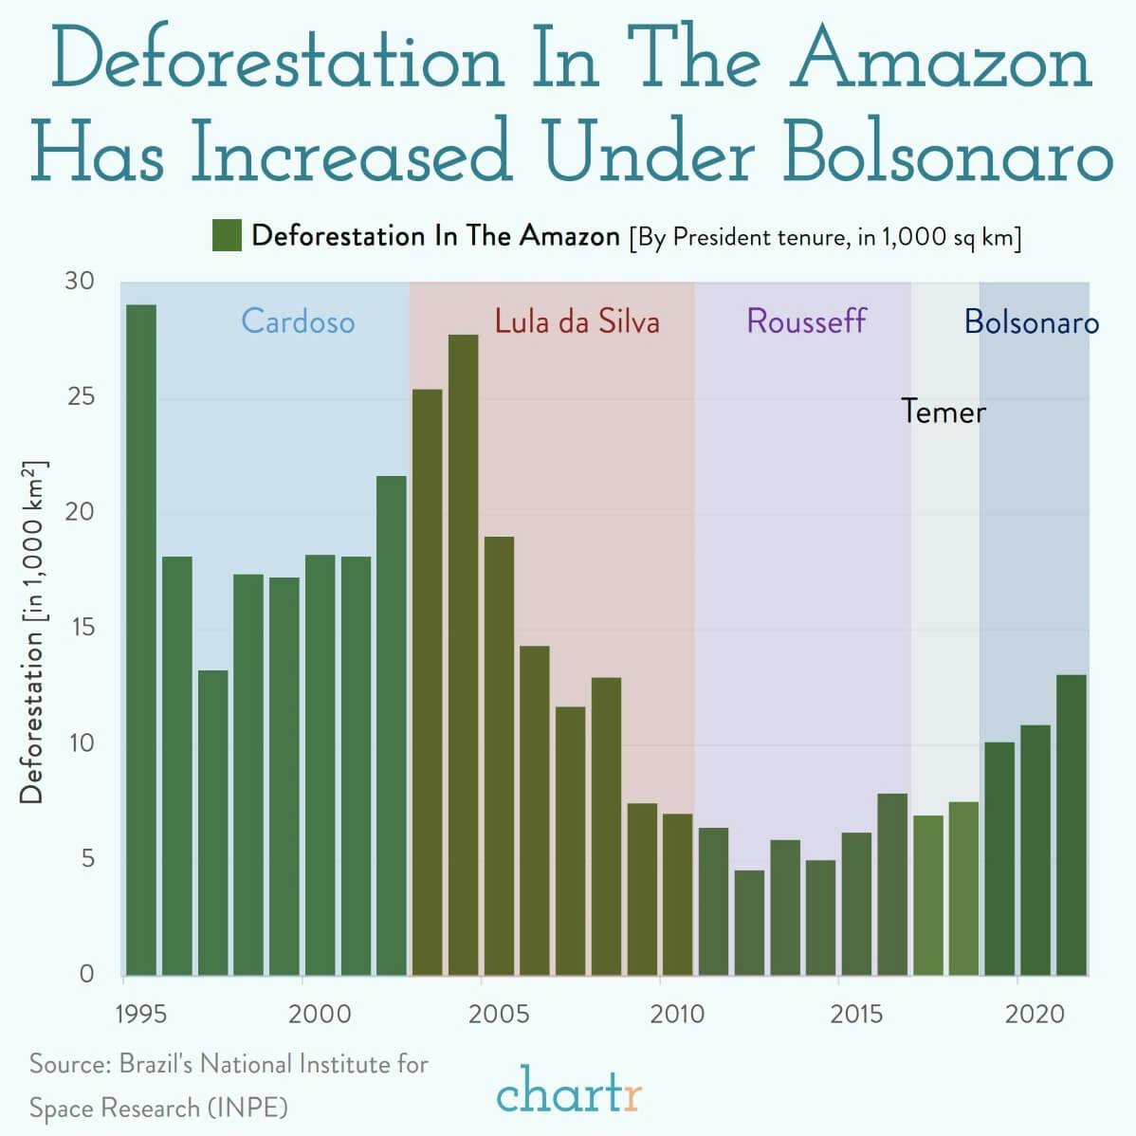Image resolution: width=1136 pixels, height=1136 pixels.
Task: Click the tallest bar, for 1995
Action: (141, 640)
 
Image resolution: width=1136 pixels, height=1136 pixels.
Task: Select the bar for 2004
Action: (464, 654)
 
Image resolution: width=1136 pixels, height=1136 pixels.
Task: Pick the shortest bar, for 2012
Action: (749, 923)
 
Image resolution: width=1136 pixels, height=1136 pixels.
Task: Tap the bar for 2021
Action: (1072, 825)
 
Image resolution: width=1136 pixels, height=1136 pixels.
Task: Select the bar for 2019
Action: (999, 858)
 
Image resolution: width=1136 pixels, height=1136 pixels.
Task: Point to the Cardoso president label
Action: (298, 321)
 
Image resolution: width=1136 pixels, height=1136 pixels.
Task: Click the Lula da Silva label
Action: (577, 321)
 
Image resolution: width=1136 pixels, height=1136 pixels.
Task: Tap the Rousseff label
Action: (806, 321)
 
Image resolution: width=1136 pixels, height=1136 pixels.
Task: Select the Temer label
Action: (944, 412)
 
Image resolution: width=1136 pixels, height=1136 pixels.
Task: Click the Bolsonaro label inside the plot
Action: (1032, 322)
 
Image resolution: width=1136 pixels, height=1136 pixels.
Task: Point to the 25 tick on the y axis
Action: (81, 396)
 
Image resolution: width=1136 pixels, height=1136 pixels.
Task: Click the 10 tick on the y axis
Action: (81, 742)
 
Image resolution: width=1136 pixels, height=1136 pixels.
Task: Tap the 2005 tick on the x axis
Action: (499, 1014)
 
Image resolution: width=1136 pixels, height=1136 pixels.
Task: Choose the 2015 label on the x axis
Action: (856, 1014)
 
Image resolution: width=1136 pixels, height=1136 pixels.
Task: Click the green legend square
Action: (228, 235)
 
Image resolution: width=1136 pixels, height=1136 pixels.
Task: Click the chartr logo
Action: (569, 1090)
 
